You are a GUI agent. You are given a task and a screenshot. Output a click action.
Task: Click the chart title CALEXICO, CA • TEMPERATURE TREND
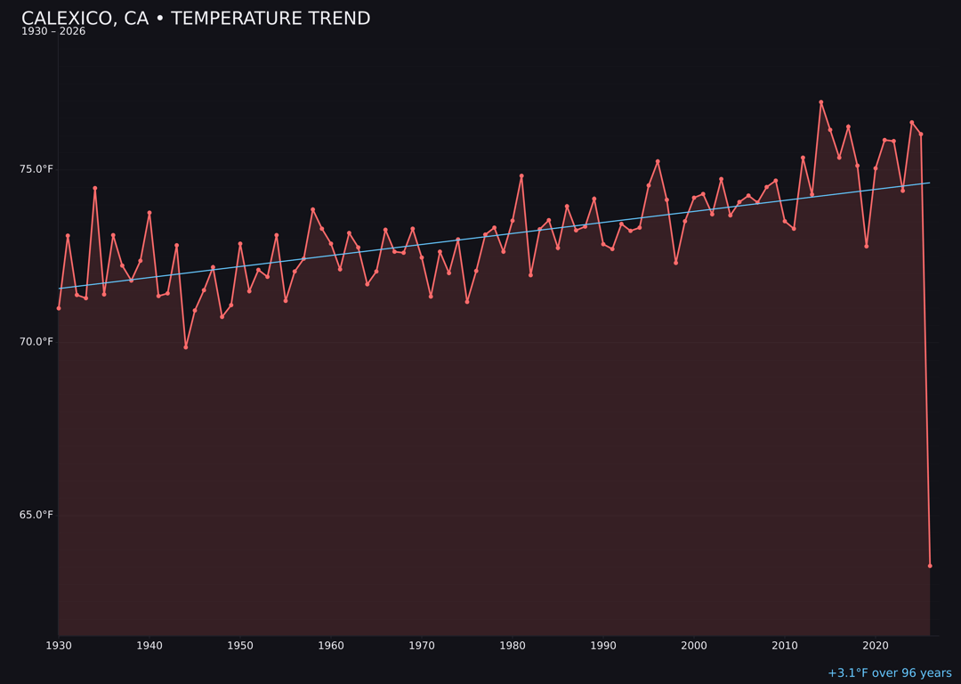[196, 19]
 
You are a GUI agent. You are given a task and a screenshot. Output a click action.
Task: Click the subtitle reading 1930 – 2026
[53, 32]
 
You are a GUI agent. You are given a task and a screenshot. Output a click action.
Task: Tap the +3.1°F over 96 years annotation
[889, 673]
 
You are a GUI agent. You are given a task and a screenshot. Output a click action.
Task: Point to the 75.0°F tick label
[36, 169]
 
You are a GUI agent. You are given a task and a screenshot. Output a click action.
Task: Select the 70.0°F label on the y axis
[36, 342]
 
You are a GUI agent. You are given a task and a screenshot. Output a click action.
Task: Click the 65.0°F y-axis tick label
[36, 515]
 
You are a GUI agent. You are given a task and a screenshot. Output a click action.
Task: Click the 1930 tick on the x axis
[59, 646]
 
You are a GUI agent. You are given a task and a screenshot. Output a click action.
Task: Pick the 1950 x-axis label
[240, 646]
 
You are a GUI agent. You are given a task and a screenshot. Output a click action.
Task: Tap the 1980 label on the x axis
[513, 646]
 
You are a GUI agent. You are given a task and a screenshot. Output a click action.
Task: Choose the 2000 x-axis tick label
[694, 646]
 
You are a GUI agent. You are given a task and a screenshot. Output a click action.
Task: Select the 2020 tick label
[876, 646]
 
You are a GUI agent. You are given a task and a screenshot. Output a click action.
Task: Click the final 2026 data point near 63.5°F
[930, 566]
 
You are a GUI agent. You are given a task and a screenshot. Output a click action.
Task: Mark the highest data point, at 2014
[821, 102]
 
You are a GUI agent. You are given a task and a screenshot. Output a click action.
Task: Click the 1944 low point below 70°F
[186, 347]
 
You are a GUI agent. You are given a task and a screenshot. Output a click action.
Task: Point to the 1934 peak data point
[95, 188]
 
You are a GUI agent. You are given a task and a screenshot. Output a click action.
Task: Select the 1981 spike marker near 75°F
[521, 176]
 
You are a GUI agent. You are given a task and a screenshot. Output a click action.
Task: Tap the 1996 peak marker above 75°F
[658, 161]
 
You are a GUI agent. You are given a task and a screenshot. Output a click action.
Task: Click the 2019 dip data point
[867, 246]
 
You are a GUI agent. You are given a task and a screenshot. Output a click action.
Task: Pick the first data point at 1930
[59, 308]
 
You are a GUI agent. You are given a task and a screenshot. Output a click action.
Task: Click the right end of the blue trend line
[929, 183]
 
